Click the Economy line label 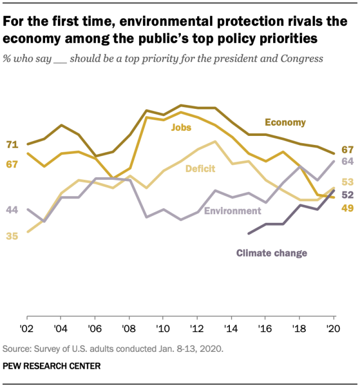pyautogui.click(x=285, y=122)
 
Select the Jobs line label pyautogui.click(x=181, y=127)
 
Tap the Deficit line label pyautogui.click(x=201, y=167)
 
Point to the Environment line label pyautogui.click(x=232, y=211)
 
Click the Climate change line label pyautogui.click(x=272, y=253)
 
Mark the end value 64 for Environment pyautogui.click(x=347, y=161)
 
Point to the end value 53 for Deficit pyautogui.click(x=347, y=182)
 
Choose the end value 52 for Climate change pyautogui.click(x=347, y=195)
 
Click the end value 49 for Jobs pyautogui.click(x=347, y=208)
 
